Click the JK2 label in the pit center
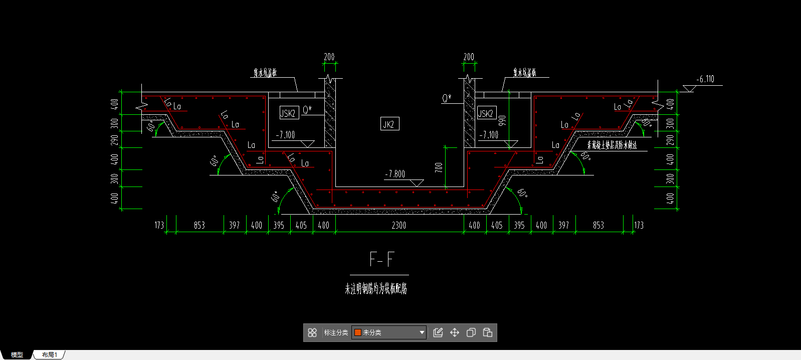coord(389,124)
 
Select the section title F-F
coord(381,259)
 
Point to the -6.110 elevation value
coord(705,79)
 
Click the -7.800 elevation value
coord(395,174)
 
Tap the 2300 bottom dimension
coord(398,226)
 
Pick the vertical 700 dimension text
coord(439,167)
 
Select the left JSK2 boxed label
coord(289,113)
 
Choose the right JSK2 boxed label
coord(486,113)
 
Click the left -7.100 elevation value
coord(285,135)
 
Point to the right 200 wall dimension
coord(469,57)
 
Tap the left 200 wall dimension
coord(329,57)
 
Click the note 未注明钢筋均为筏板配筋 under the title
coord(376,289)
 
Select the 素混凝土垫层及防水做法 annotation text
coord(612,145)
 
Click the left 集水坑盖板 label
coord(265,73)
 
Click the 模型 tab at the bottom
coord(17,354)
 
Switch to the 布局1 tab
coord(50,354)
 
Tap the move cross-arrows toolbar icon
coord(455,332)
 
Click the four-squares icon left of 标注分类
coord(312,332)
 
